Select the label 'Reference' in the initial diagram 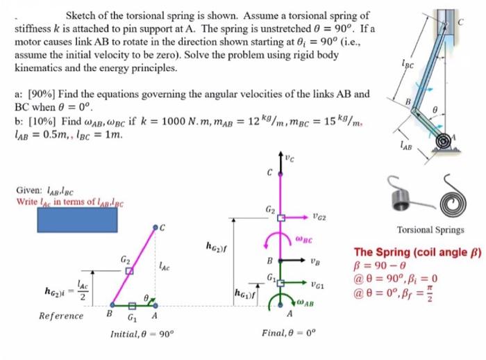pyautogui.click(x=62, y=315)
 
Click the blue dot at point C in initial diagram pyautogui.click(x=155, y=227)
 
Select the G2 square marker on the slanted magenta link pyautogui.click(x=129, y=271)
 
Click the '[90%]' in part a pyautogui.click(x=38, y=93)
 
